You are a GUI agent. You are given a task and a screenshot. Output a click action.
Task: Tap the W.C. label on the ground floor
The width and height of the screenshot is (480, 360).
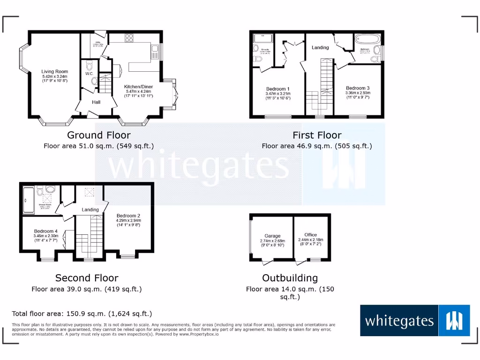89,74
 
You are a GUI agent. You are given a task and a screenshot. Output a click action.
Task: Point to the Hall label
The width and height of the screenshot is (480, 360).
96,102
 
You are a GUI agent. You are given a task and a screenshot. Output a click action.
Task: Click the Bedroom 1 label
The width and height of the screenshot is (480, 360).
277,89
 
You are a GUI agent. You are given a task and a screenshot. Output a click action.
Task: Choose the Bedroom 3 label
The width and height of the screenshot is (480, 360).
358,88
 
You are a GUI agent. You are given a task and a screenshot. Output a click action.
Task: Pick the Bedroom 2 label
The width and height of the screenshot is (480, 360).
128,216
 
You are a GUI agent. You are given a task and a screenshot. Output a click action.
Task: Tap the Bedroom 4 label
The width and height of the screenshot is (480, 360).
45,231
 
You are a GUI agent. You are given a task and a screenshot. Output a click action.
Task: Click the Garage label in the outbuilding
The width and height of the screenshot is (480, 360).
272,236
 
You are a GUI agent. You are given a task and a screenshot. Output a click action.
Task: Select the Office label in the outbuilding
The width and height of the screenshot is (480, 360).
310,235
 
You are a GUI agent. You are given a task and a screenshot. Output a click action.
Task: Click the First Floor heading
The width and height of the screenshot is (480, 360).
317,135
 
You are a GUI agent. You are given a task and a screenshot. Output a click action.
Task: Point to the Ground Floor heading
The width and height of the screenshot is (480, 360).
98,135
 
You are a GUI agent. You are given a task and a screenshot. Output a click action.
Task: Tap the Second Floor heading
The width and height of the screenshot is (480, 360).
87,278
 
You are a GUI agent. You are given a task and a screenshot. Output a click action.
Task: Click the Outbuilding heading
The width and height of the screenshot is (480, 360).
290,278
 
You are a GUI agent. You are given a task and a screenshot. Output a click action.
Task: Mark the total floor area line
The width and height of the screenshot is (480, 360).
82,314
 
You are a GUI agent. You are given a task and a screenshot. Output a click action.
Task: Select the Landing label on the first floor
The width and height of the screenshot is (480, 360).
320,47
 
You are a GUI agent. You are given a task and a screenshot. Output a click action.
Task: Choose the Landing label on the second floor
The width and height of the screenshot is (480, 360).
90,210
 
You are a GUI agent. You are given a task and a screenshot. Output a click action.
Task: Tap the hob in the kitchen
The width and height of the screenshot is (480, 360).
130,38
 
